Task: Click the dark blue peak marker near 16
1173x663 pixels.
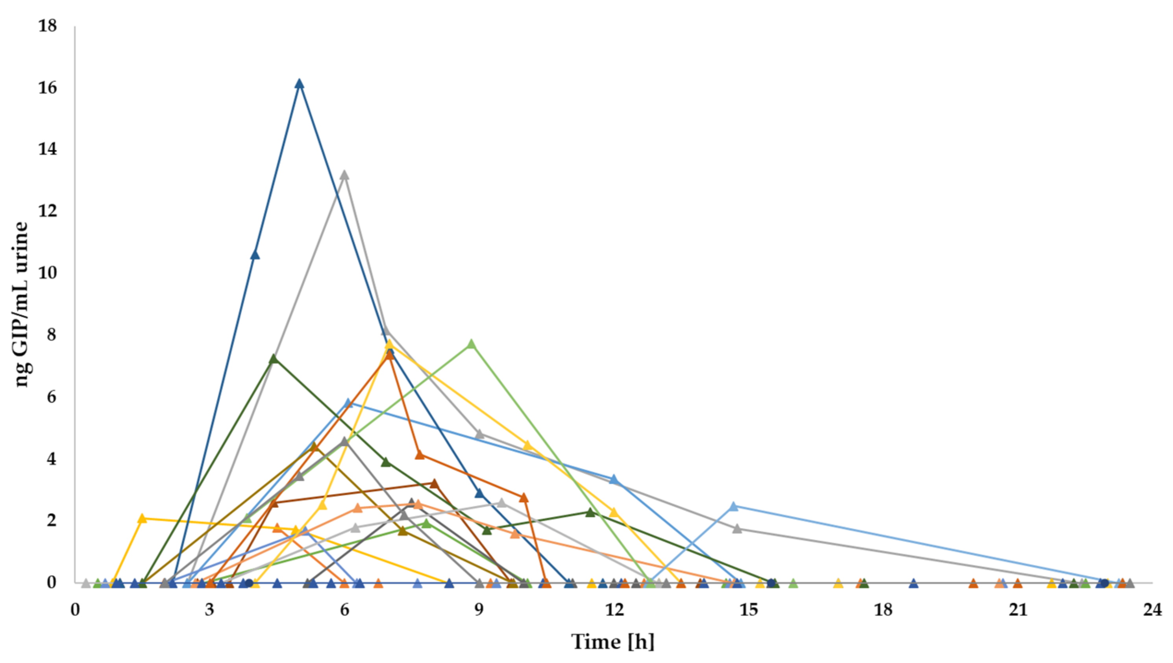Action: [299, 84]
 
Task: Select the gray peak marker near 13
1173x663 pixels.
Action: [344, 175]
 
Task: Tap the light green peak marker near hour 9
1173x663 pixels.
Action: [471, 344]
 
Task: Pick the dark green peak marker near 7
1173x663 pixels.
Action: [273, 359]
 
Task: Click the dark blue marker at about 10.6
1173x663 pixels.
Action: [255, 255]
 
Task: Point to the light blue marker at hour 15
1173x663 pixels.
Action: [733, 507]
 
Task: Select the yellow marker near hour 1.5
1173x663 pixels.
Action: [142, 519]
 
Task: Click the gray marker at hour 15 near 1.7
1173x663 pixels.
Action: [737, 529]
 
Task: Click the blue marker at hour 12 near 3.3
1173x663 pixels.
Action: [614, 480]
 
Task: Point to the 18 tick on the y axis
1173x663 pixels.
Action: [47, 26]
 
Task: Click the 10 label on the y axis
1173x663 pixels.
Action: [47, 273]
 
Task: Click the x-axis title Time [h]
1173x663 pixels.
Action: [612, 642]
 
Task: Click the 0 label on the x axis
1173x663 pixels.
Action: [75, 609]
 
